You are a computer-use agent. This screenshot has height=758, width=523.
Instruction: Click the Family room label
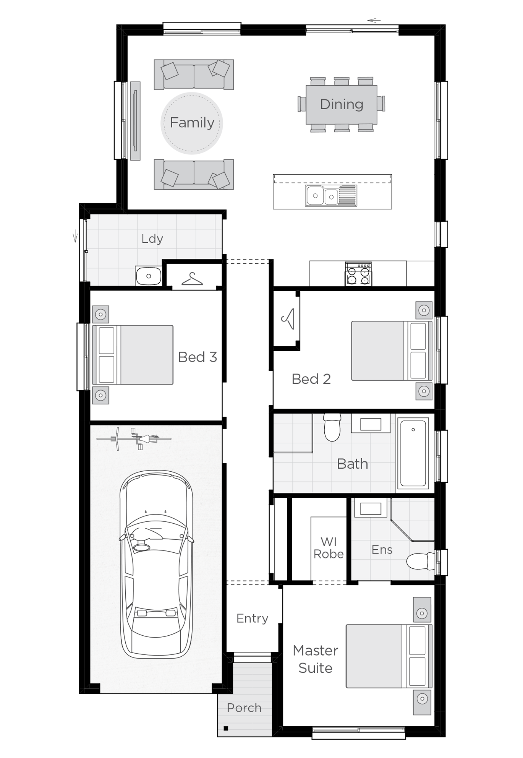192,123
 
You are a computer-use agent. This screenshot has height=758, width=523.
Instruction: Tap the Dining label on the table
342,104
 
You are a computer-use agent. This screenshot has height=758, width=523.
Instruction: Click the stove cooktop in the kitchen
358,274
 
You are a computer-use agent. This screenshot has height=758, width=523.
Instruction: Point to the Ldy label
152,239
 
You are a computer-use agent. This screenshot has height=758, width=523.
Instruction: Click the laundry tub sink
148,276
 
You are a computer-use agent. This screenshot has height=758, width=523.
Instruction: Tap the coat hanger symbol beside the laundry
192,279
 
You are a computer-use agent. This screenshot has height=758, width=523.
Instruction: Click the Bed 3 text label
197,357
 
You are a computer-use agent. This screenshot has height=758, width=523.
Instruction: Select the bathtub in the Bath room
413,453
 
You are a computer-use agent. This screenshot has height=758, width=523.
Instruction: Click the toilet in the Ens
419,561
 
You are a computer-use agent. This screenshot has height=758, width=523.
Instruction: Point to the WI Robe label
329,548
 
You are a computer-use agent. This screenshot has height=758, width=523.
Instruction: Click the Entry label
252,618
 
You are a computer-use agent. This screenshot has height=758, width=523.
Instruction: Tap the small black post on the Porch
226,728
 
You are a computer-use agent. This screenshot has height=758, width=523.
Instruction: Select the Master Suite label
316,659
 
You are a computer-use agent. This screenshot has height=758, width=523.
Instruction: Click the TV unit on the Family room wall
135,121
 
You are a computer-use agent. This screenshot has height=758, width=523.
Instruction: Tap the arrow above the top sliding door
374,21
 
